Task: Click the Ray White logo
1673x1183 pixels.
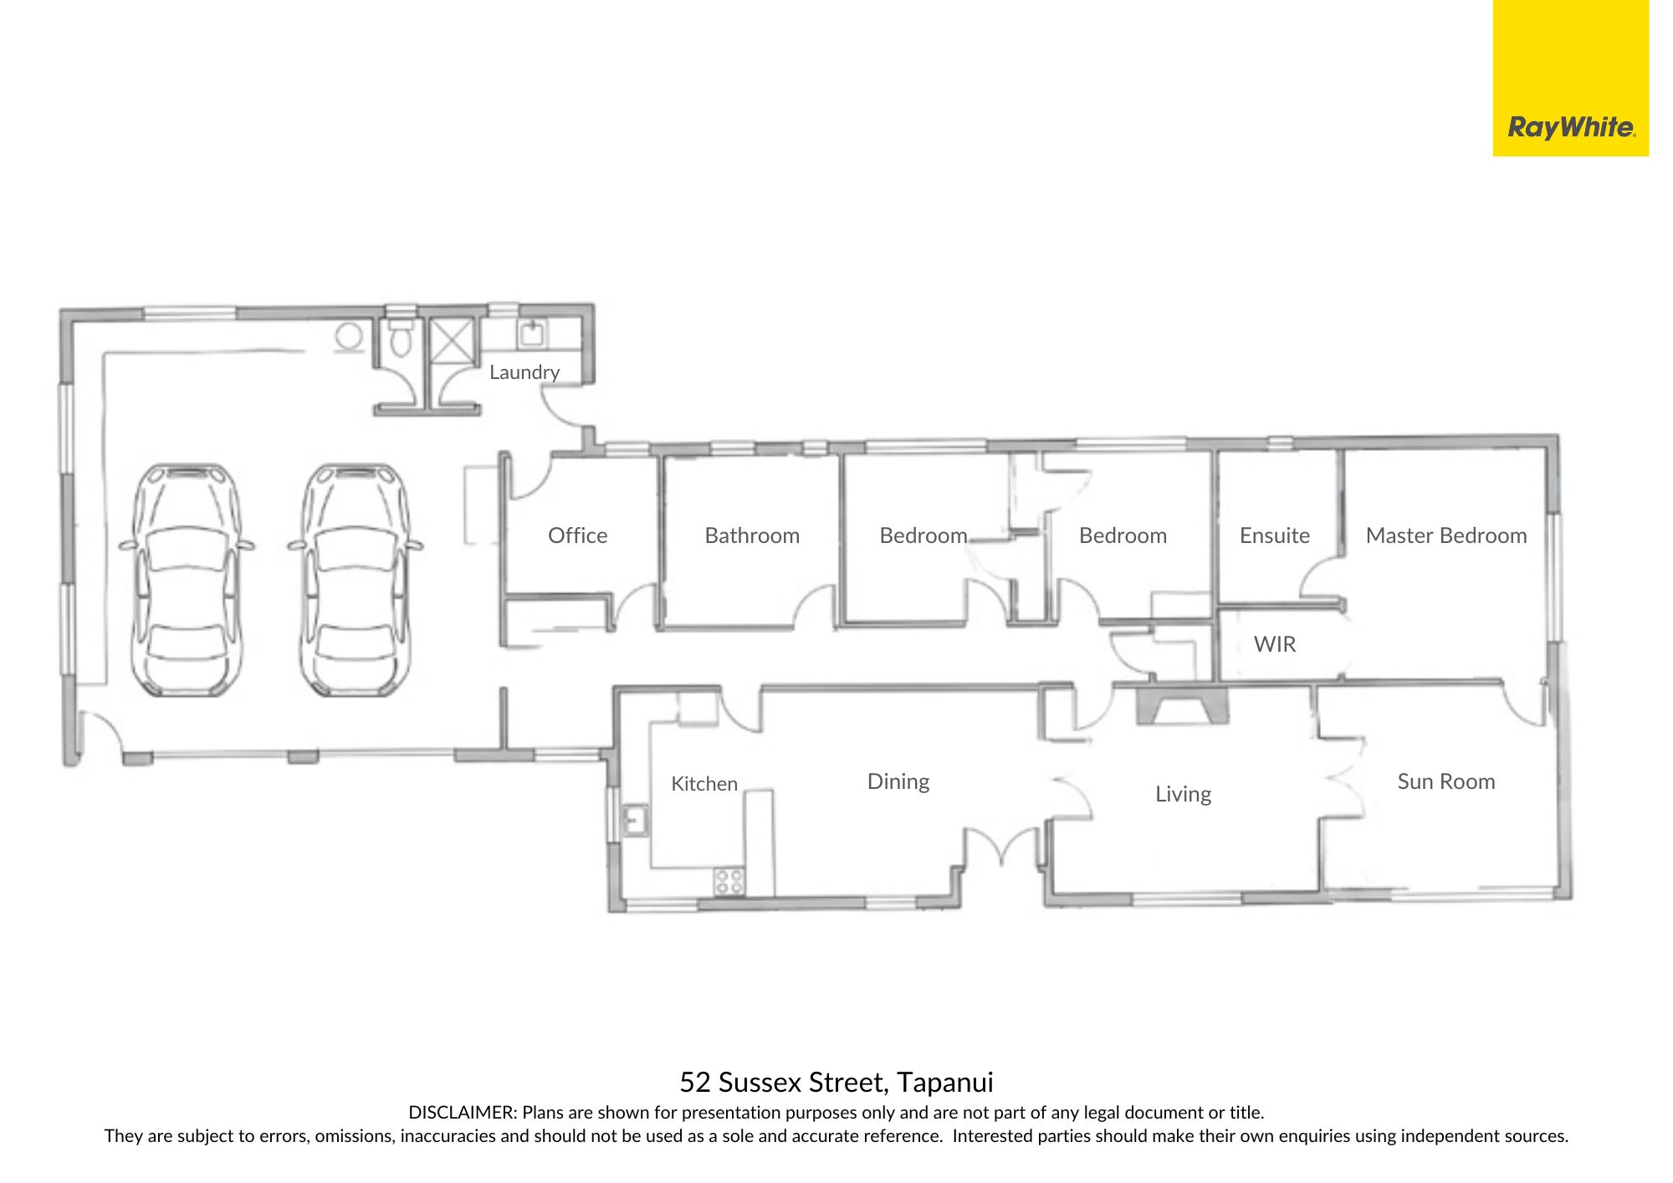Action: coord(1571,128)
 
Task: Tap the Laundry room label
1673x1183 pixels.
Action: coord(524,372)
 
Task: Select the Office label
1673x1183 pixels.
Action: coord(577,535)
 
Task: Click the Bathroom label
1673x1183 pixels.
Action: coord(752,535)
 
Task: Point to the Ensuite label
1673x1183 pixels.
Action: coord(1275,535)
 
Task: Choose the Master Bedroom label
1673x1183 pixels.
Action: coord(1446,535)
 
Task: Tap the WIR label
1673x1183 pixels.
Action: coord(1275,644)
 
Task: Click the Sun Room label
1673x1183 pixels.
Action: coord(1446,781)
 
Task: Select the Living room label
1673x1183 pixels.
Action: coord(1183,794)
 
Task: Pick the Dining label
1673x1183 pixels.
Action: coord(898,781)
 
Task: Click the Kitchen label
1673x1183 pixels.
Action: coord(704,784)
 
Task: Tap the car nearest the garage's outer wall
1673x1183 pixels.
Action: coord(187,581)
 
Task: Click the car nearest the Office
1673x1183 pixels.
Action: coord(356,581)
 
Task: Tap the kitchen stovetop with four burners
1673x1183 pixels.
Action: coord(729,881)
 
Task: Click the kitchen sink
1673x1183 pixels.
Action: coord(636,821)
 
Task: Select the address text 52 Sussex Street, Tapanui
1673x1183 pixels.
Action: coord(836,1083)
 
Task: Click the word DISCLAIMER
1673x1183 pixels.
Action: coord(463,1113)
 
